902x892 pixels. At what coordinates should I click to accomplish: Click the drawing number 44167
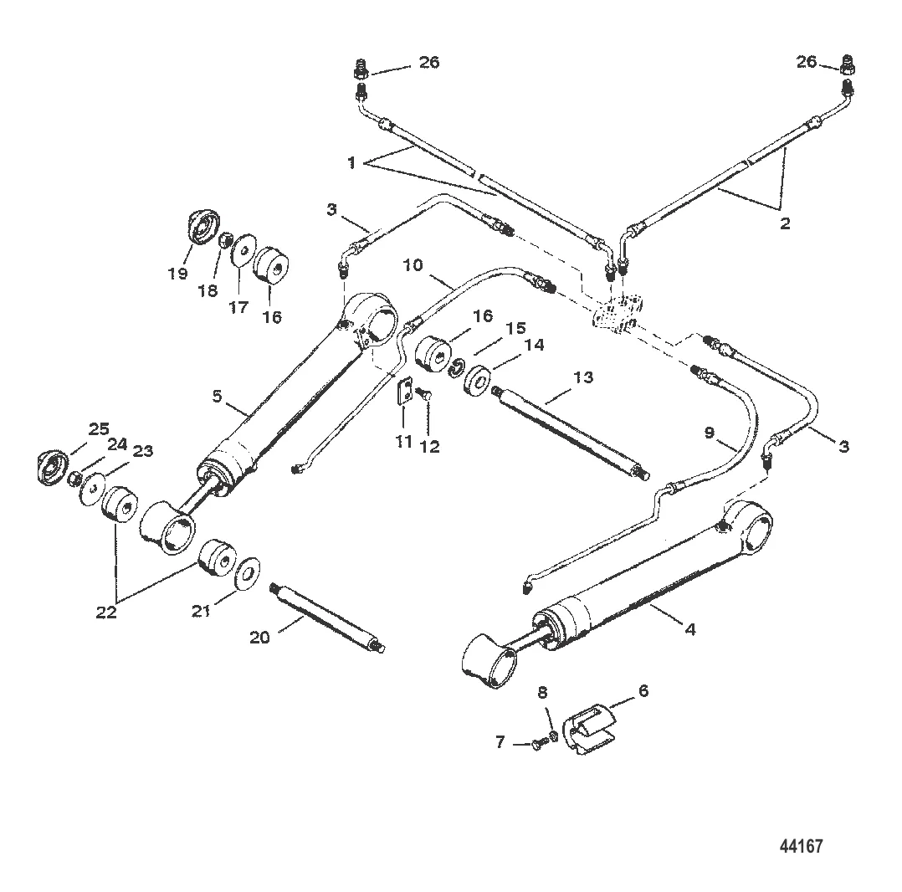802,846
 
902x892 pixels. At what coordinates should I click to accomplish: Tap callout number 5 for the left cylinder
217,397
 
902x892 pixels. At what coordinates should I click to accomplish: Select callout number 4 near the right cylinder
690,629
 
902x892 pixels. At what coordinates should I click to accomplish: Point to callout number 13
583,377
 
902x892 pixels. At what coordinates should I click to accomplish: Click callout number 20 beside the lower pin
259,638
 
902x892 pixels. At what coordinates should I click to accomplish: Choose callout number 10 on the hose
413,265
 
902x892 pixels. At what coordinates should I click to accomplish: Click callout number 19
178,273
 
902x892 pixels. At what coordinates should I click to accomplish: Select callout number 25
99,429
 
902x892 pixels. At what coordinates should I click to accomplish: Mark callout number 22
105,613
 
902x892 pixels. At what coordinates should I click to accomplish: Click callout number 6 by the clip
643,690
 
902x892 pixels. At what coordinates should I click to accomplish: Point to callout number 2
785,223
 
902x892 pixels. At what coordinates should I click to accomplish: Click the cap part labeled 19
203,227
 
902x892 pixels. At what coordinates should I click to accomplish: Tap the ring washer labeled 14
476,378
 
